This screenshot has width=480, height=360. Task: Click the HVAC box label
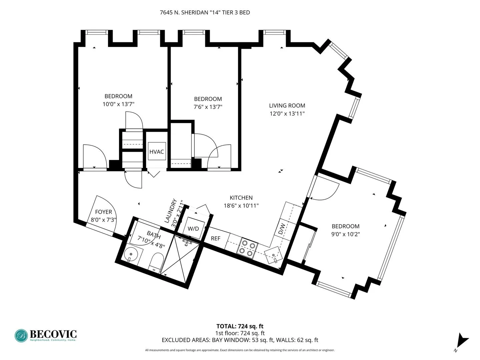[x=156, y=152]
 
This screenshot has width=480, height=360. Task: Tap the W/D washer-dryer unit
[x=193, y=228]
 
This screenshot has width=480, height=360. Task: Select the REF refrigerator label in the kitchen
[x=216, y=238]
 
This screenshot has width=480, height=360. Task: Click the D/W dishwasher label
[x=282, y=228]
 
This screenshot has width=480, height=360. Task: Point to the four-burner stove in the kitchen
[x=247, y=248]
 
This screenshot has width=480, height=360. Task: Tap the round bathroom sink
[x=130, y=255]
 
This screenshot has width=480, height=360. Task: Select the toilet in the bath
[x=156, y=262]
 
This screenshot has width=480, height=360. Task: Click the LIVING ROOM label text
[x=287, y=106]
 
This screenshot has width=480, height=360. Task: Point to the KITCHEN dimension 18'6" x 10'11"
[x=241, y=206]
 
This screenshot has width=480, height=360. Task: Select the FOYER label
[x=103, y=212]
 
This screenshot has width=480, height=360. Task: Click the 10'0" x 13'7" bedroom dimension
[x=118, y=104]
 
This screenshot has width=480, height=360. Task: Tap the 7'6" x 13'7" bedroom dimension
[x=208, y=107]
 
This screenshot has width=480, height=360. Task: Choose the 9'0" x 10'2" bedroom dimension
[x=345, y=234]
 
